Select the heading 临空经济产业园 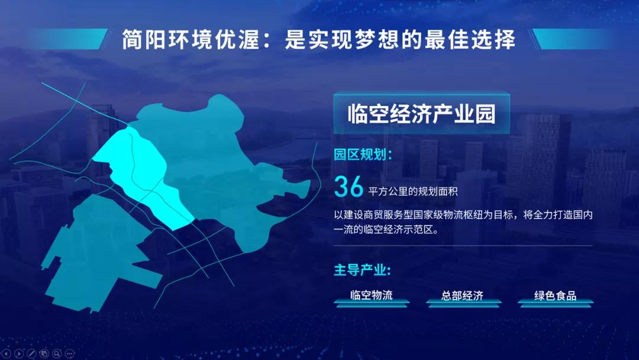[421, 113]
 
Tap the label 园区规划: [362, 155]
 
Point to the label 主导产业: [362, 270]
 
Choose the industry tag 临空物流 [372, 295]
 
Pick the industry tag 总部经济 [463, 295]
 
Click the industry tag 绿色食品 [555, 295]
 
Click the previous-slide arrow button [7, 353]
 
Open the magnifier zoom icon [57, 353]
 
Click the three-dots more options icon [70, 353]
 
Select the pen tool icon [31, 353]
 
